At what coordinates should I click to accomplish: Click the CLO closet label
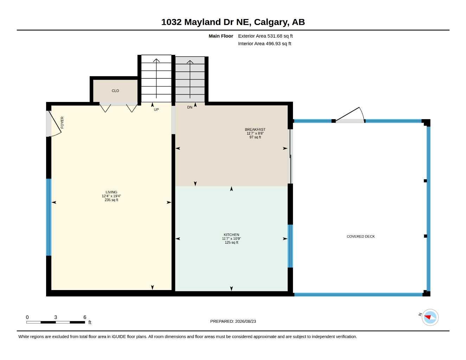point(115,91)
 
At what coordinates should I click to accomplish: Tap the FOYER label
point(62,123)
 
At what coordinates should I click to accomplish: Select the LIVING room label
point(111,192)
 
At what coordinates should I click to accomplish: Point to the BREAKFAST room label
point(255,129)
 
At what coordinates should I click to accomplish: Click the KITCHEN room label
point(231,234)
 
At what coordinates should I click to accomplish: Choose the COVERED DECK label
point(360,236)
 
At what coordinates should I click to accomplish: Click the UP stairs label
point(156,109)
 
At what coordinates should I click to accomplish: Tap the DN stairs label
point(190,107)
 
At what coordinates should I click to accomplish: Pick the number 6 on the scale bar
point(85,317)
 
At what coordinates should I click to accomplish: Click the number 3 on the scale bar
point(56,317)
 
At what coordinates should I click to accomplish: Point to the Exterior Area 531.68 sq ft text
point(265,36)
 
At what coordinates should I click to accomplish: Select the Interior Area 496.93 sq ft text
point(264,44)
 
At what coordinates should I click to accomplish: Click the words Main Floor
point(221,36)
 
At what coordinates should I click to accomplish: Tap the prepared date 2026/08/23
point(245,321)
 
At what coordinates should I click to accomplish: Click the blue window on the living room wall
point(49,217)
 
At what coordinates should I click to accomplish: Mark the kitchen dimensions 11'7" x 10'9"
point(231,238)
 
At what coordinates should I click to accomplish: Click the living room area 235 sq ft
point(111,200)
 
